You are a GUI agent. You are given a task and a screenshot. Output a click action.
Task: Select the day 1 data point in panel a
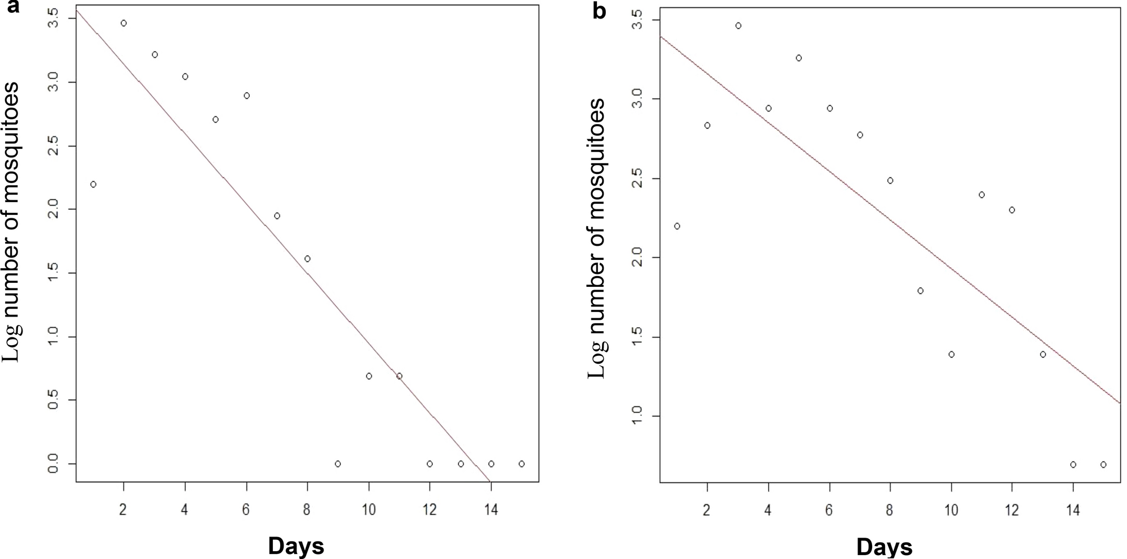click(x=93, y=185)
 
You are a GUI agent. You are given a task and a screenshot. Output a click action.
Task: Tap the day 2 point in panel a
click(x=124, y=23)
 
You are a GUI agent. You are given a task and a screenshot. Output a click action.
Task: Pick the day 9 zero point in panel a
click(x=337, y=464)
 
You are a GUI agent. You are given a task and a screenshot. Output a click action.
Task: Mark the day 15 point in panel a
click(x=522, y=464)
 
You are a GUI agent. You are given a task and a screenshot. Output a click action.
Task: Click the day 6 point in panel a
click(x=247, y=96)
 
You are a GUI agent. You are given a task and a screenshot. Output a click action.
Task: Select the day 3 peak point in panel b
click(x=738, y=26)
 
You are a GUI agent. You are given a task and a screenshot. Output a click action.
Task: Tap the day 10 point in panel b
click(x=951, y=355)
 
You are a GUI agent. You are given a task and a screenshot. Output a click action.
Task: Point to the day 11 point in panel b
click(x=982, y=195)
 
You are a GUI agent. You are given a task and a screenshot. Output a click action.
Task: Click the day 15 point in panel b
click(x=1103, y=465)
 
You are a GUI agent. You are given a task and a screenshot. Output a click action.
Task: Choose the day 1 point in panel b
click(x=677, y=226)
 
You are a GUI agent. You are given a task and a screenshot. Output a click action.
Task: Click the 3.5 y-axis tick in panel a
click(x=55, y=19)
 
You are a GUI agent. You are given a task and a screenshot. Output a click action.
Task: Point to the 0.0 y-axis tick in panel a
click(x=55, y=464)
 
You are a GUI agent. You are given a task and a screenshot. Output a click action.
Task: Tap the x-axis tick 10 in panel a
click(x=368, y=509)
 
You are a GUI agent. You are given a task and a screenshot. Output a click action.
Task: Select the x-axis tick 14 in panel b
click(x=1073, y=510)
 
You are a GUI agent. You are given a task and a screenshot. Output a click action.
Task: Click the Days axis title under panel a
click(x=296, y=546)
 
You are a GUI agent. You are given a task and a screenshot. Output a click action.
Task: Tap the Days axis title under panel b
click(x=884, y=547)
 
